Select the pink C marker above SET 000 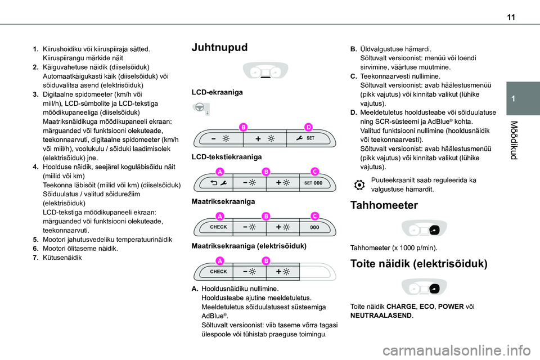click(315, 171)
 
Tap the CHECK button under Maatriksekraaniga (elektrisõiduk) click(218, 272)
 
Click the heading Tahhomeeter click(383, 205)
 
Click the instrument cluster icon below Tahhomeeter click(426, 229)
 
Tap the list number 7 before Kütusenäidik click(36, 258)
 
